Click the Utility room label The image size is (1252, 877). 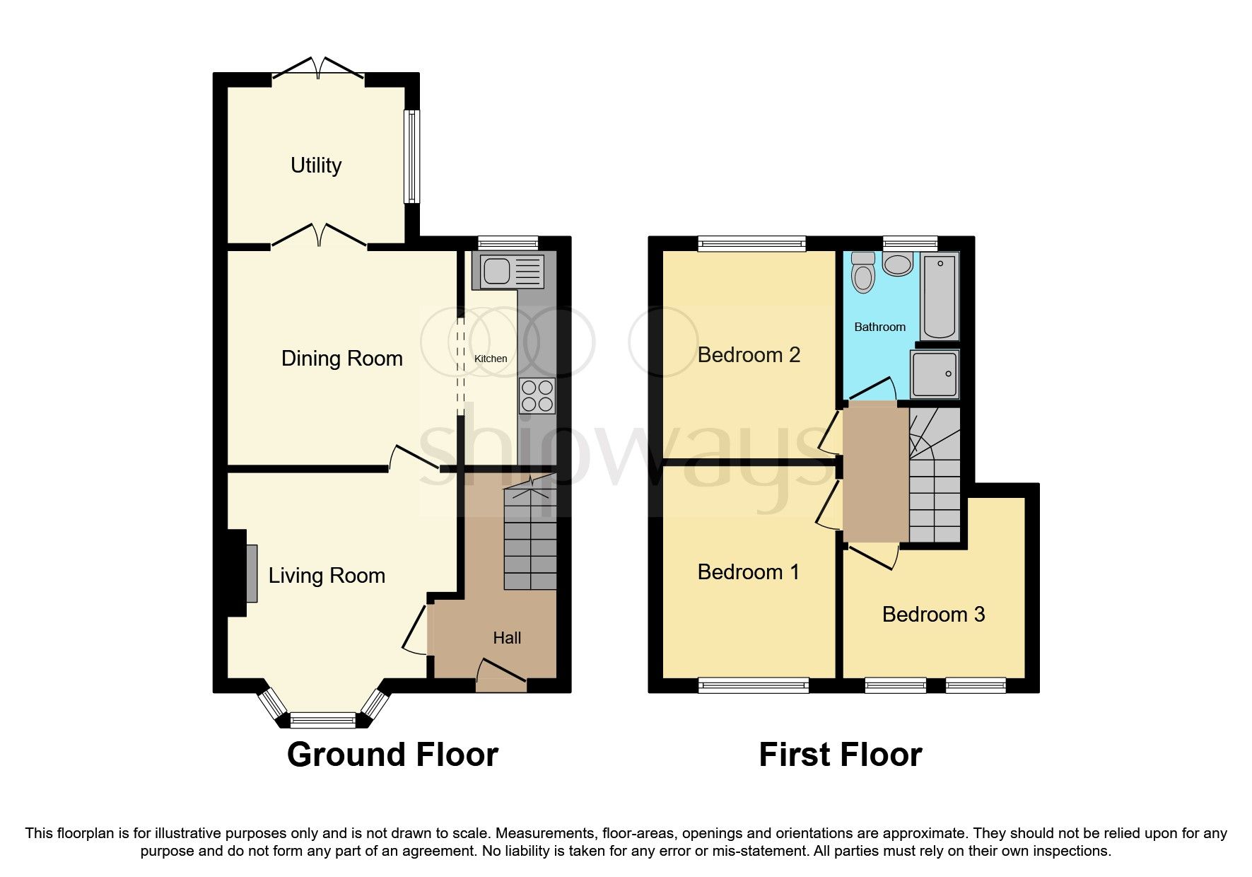[316, 165]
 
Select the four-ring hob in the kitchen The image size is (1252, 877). [537, 396]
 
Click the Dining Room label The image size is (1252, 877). [341, 359]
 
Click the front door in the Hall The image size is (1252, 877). [502, 675]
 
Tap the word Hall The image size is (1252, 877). [507, 638]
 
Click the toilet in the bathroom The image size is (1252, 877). [863, 272]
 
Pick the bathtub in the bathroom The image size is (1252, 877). [940, 297]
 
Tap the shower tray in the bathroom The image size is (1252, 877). [935, 373]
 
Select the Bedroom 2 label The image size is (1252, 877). [749, 355]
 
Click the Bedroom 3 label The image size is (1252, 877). [933, 614]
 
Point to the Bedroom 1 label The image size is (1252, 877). [748, 571]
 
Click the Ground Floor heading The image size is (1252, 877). [392, 755]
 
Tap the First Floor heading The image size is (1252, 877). [840, 755]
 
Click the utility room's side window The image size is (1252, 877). [411, 156]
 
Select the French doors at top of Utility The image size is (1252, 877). [318, 69]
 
